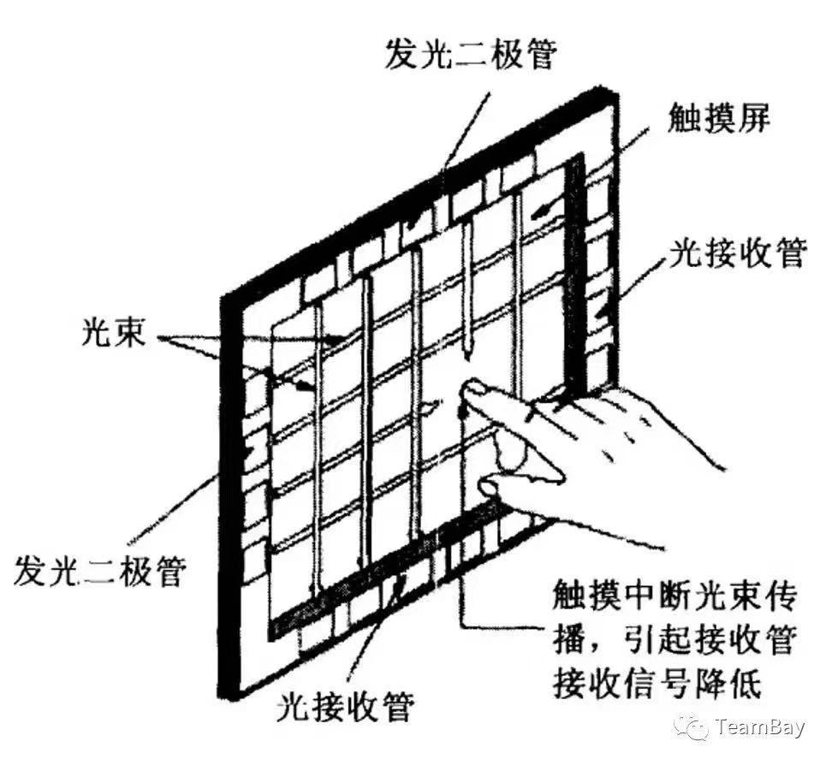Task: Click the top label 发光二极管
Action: pyautogui.click(x=470, y=53)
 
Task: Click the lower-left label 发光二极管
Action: pyautogui.click(x=100, y=570)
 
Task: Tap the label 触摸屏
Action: pyautogui.click(x=719, y=117)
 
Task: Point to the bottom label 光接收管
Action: pyautogui.click(x=346, y=706)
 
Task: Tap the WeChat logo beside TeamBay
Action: pyautogui.click(x=691, y=727)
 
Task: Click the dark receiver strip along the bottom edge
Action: pyautogui.click(x=382, y=567)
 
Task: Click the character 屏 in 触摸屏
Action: pyautogui.click(x=753, y=117)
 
